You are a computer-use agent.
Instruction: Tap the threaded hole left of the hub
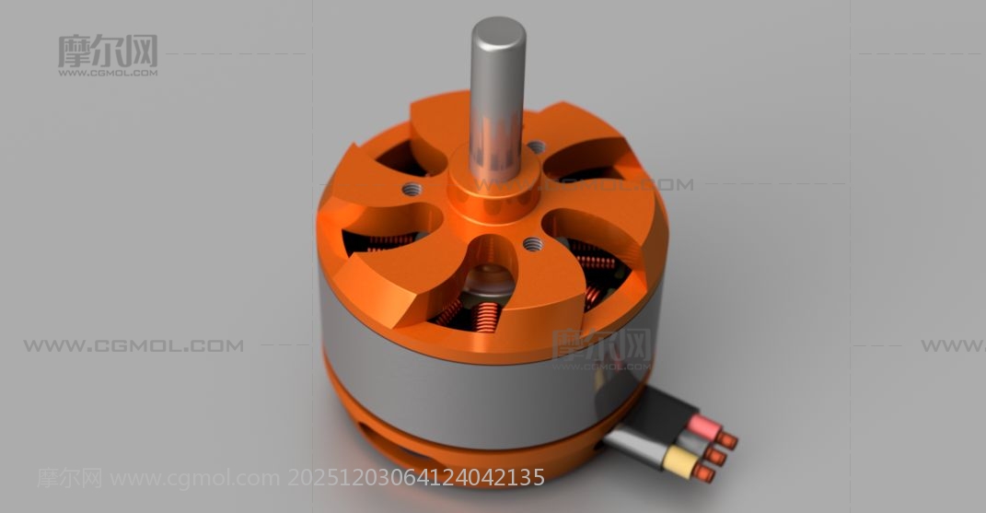tap(412, 188)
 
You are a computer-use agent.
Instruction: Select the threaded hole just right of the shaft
tap(536, 147)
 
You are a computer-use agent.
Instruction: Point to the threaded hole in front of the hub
tap(532, 244)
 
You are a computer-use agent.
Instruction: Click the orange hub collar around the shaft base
tap(493, 189)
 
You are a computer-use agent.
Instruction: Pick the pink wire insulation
tap(703, 427)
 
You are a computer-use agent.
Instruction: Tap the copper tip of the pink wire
tap(727, 440)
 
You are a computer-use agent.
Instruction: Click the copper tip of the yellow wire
tap(704, 473)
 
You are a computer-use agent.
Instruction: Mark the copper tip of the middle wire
tap(716, 456)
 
